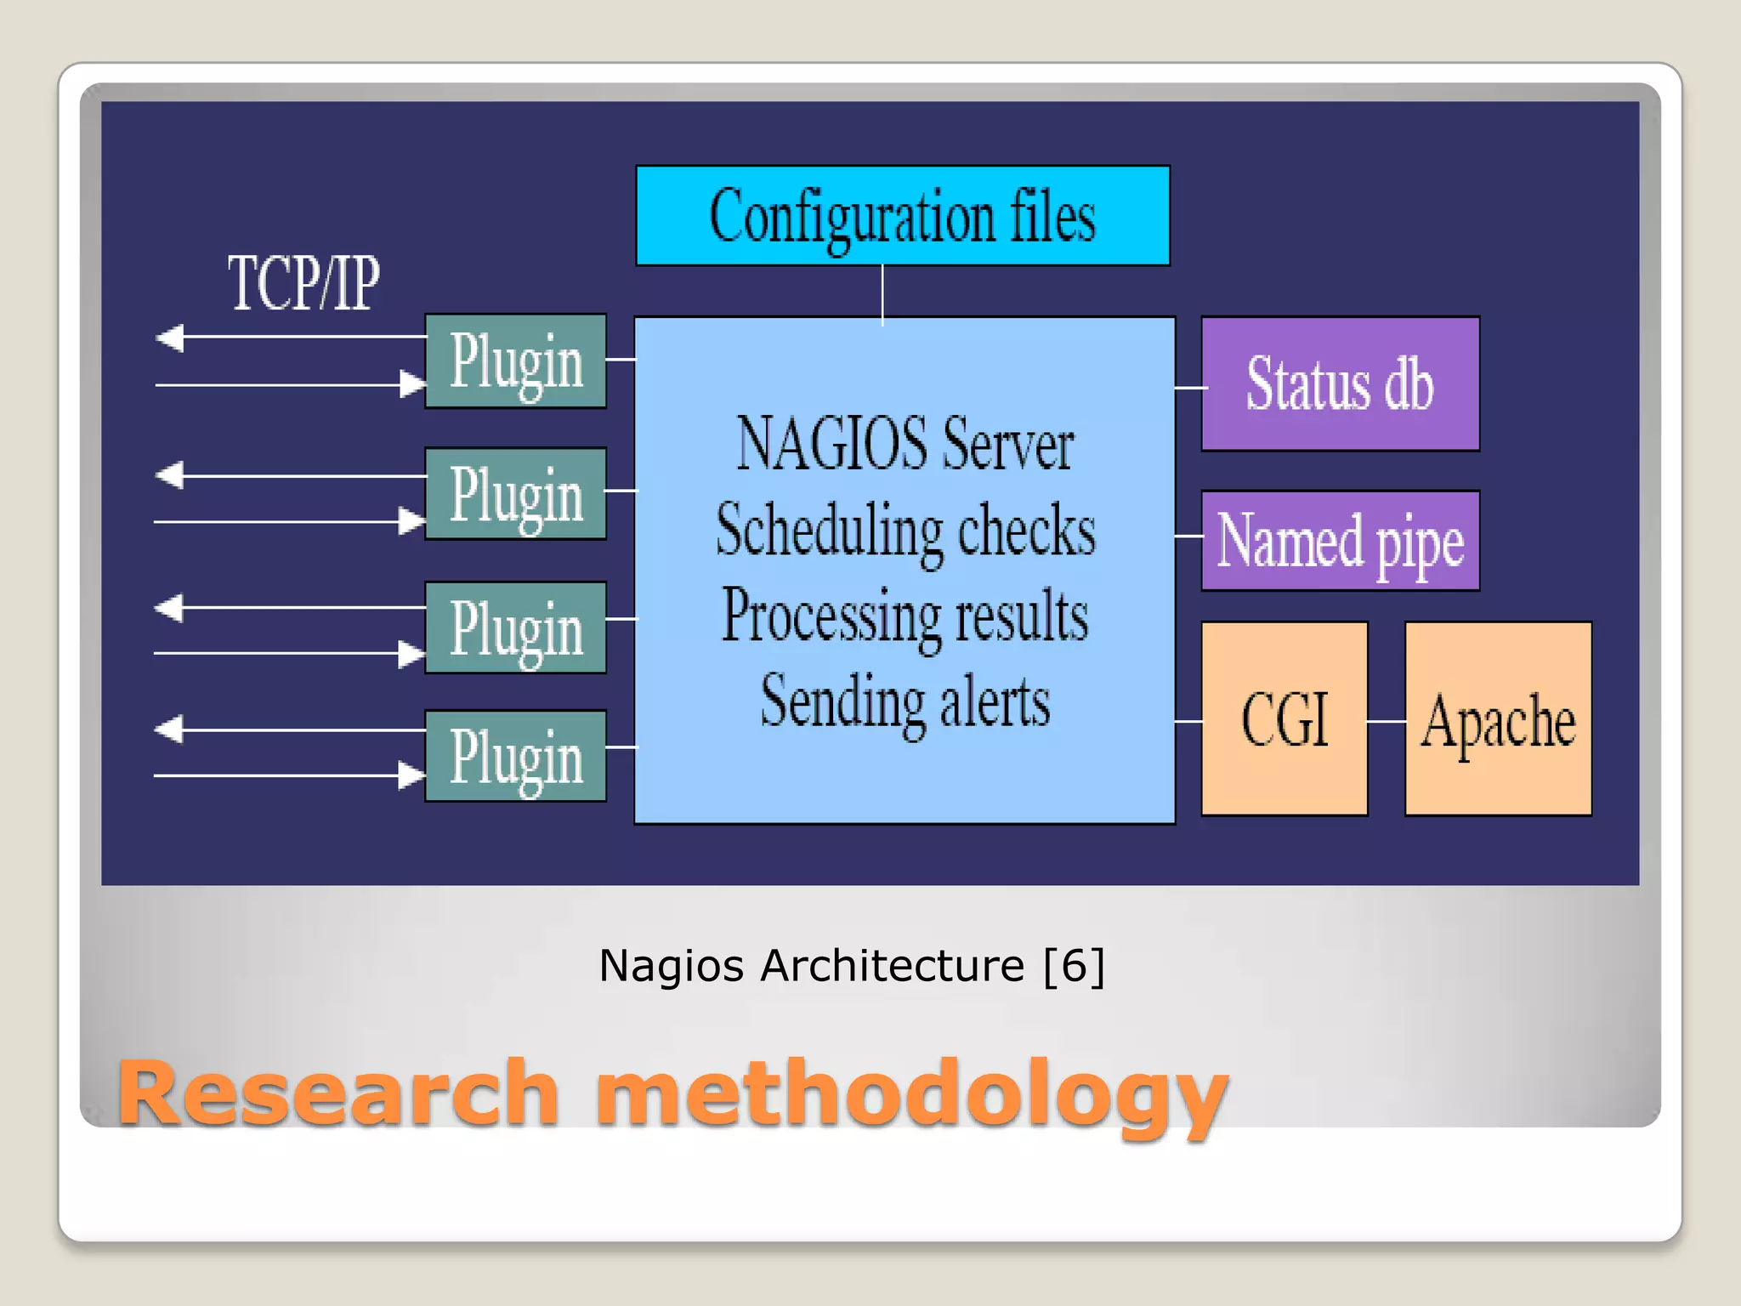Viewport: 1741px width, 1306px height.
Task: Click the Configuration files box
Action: [x=903, y=216]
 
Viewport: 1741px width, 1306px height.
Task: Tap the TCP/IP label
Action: [x=303, y=283]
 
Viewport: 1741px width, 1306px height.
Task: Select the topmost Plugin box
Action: [x=516, y=361]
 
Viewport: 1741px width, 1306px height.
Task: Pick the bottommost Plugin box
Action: [x=516, y=757]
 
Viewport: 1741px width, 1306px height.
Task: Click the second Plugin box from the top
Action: [x=516, y=494]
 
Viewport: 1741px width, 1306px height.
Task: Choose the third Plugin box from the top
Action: [x=516, y=628]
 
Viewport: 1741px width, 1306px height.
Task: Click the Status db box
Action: [x=1340, y=383]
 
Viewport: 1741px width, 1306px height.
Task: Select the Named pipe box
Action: [x=1340, y=541]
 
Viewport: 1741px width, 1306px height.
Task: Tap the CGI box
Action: [x=1284, y=719]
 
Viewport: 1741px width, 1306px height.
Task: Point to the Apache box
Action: [x=1498, y=719]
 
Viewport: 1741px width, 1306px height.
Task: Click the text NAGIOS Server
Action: [x=905, y=444]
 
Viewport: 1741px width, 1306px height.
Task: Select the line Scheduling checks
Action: [x=905, y=531]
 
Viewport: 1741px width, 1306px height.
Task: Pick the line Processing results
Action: [x=905, y=616]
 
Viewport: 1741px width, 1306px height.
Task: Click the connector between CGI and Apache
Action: [x=1387, y=721]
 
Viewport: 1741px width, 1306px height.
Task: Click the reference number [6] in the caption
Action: [x=1074, y=966]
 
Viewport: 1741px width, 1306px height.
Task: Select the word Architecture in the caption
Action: [x=892, y=966]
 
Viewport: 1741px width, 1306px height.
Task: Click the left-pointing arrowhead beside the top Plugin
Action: [x=171, y=338]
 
